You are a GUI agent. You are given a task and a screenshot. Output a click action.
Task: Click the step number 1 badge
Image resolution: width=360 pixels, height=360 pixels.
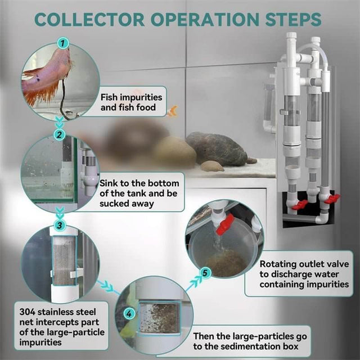(64, 42)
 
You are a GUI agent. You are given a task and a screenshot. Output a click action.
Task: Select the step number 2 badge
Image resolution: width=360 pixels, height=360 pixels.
(60, 134)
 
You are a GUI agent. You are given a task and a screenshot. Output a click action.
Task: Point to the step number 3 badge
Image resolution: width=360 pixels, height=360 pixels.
(60, 225)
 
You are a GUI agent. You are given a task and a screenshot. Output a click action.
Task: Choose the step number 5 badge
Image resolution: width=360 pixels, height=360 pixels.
(206, 273)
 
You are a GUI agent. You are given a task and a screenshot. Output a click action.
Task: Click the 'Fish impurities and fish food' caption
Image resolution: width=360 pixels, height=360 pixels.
(133, 101)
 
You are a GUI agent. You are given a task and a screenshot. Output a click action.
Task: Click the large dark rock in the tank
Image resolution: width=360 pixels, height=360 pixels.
(217, 148)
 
